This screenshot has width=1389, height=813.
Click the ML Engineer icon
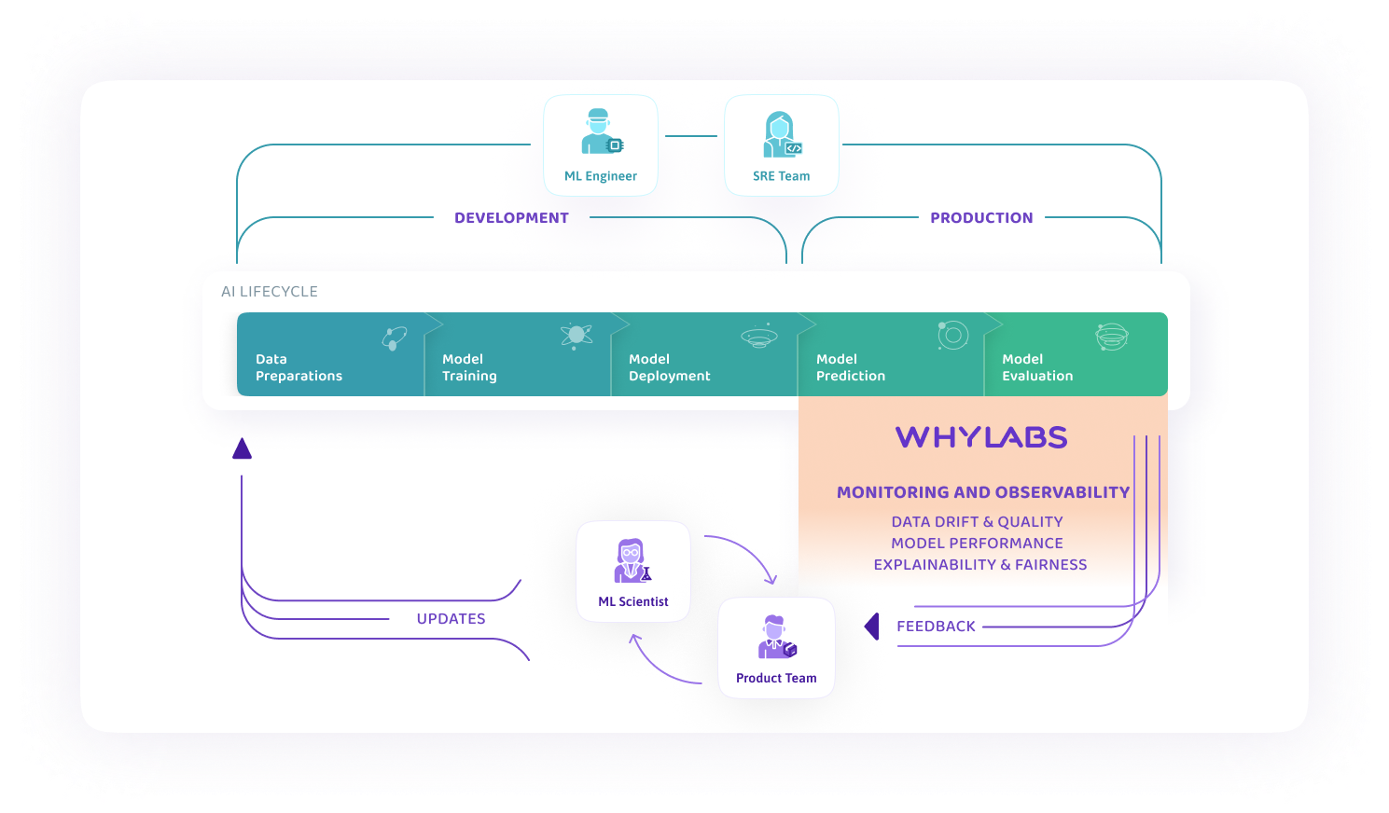[601, 132]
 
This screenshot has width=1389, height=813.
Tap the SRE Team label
[781, 176]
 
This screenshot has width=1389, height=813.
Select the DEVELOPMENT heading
[511, 218]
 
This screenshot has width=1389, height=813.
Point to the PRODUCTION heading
[981, 218]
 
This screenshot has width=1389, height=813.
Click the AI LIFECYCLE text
[270, 292]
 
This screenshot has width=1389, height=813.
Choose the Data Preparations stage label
[299, 367]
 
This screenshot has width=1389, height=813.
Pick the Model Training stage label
[469, 367]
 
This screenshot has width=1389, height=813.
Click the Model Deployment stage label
[669, 367]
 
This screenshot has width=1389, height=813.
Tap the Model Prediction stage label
[850, 367]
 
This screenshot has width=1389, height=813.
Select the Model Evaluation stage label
[1037, 367]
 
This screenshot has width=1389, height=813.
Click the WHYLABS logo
[981, 437]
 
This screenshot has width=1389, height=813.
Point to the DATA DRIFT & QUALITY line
[977, 522]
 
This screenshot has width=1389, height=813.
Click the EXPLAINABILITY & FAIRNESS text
[979, 565]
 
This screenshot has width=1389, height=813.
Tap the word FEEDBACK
[936, 627]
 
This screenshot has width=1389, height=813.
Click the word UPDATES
[451, 619]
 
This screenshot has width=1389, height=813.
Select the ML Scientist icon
[632, 561]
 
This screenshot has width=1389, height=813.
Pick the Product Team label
[776, 679]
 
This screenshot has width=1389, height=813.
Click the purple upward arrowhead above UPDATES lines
[243, 449]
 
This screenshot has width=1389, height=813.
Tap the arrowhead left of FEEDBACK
[872, 627]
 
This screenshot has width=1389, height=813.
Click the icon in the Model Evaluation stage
[1111, 337]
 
